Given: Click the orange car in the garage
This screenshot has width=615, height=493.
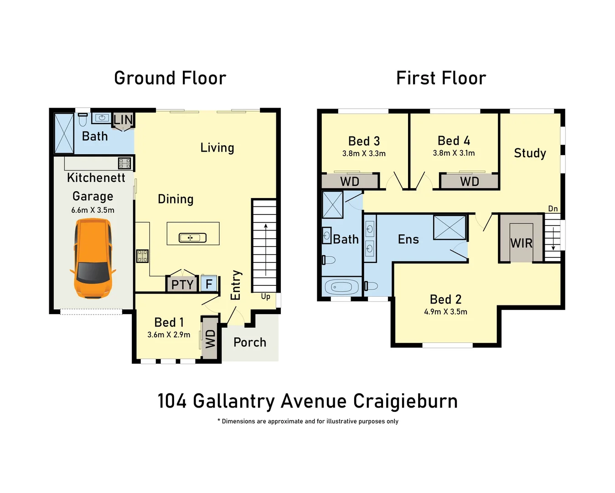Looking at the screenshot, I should [x=93, y=258].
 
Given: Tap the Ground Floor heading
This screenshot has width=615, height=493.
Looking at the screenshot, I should [x=170, y=78].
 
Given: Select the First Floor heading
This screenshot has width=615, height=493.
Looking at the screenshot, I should [x=441, y=78].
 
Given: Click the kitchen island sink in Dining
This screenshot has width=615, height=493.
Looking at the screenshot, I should [x=192, y=237].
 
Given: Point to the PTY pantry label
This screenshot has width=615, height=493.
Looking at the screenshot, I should [x=182, y=285].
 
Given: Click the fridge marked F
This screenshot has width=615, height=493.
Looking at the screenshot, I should [x=209, y=284].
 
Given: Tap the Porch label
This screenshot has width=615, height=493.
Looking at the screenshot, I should [x=249, y=342].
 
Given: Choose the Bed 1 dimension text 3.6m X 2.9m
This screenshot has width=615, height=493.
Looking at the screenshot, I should [x=169, y=335].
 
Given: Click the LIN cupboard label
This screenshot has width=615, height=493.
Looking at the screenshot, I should [x=123, y=120].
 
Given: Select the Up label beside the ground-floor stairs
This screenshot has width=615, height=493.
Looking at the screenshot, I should [x=265, y=297].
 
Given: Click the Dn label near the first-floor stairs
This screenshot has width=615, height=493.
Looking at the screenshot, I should [x=553, y=209].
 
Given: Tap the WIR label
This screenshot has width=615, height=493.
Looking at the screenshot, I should [x=521, y=243].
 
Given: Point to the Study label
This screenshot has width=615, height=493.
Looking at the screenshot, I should [x=530, y=153].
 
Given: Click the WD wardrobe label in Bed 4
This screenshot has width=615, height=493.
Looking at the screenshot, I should [x=469, y=182].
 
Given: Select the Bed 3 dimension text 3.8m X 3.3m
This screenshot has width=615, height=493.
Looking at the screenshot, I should [x=364, y=154].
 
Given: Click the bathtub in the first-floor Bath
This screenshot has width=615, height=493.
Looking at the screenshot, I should [x=341, y=287].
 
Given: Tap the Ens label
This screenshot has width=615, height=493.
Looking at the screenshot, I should [x=408, y=239].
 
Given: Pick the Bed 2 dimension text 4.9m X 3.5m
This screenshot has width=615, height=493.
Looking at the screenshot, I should [x=445, y=312].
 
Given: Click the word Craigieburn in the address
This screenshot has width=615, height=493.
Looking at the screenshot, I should [x=405, y=401].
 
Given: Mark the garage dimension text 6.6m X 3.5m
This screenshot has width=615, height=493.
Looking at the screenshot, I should [x=93, y=210].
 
